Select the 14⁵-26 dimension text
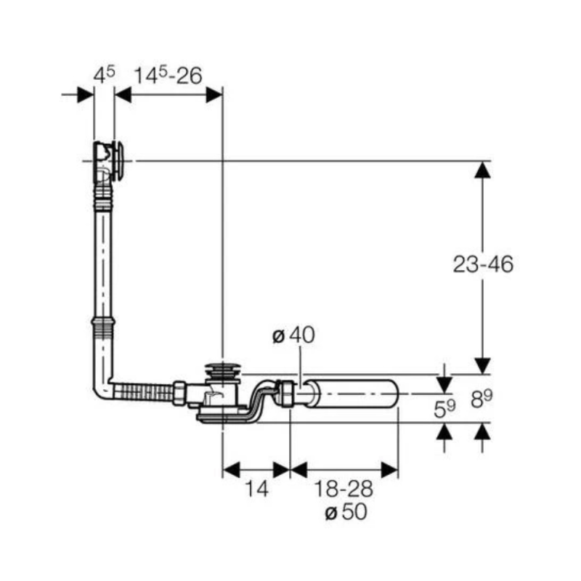[168, 74]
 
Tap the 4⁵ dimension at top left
[104, 74]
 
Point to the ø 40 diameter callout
[293, 336]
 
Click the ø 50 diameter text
[346, 512]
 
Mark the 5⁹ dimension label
[445, 409]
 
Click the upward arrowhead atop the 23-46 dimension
[480, 170]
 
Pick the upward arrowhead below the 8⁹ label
[480, 434]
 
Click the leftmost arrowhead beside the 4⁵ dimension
[86, 94]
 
